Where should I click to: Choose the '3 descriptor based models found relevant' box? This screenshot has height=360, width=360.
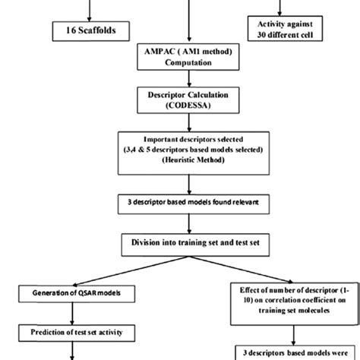179,204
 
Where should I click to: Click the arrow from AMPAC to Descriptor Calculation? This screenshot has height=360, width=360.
179,81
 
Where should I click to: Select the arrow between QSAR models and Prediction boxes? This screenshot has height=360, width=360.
71,312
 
